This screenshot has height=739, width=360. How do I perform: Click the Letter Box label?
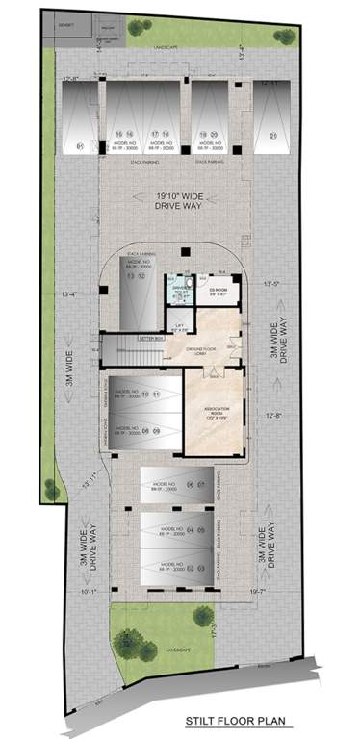pos(151,338)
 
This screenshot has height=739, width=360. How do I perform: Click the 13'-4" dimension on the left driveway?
pos(68,294)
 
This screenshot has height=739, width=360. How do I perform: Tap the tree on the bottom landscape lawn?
pos(130,642)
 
